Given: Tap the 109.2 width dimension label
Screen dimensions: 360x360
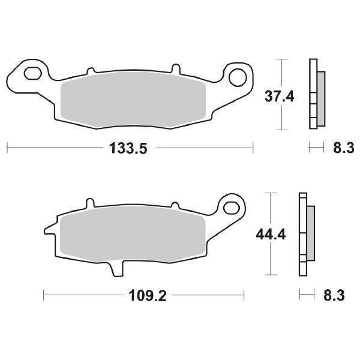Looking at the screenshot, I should click(x=144, y=295).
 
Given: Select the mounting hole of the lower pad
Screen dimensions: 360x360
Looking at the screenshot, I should click(x=230, y=209).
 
